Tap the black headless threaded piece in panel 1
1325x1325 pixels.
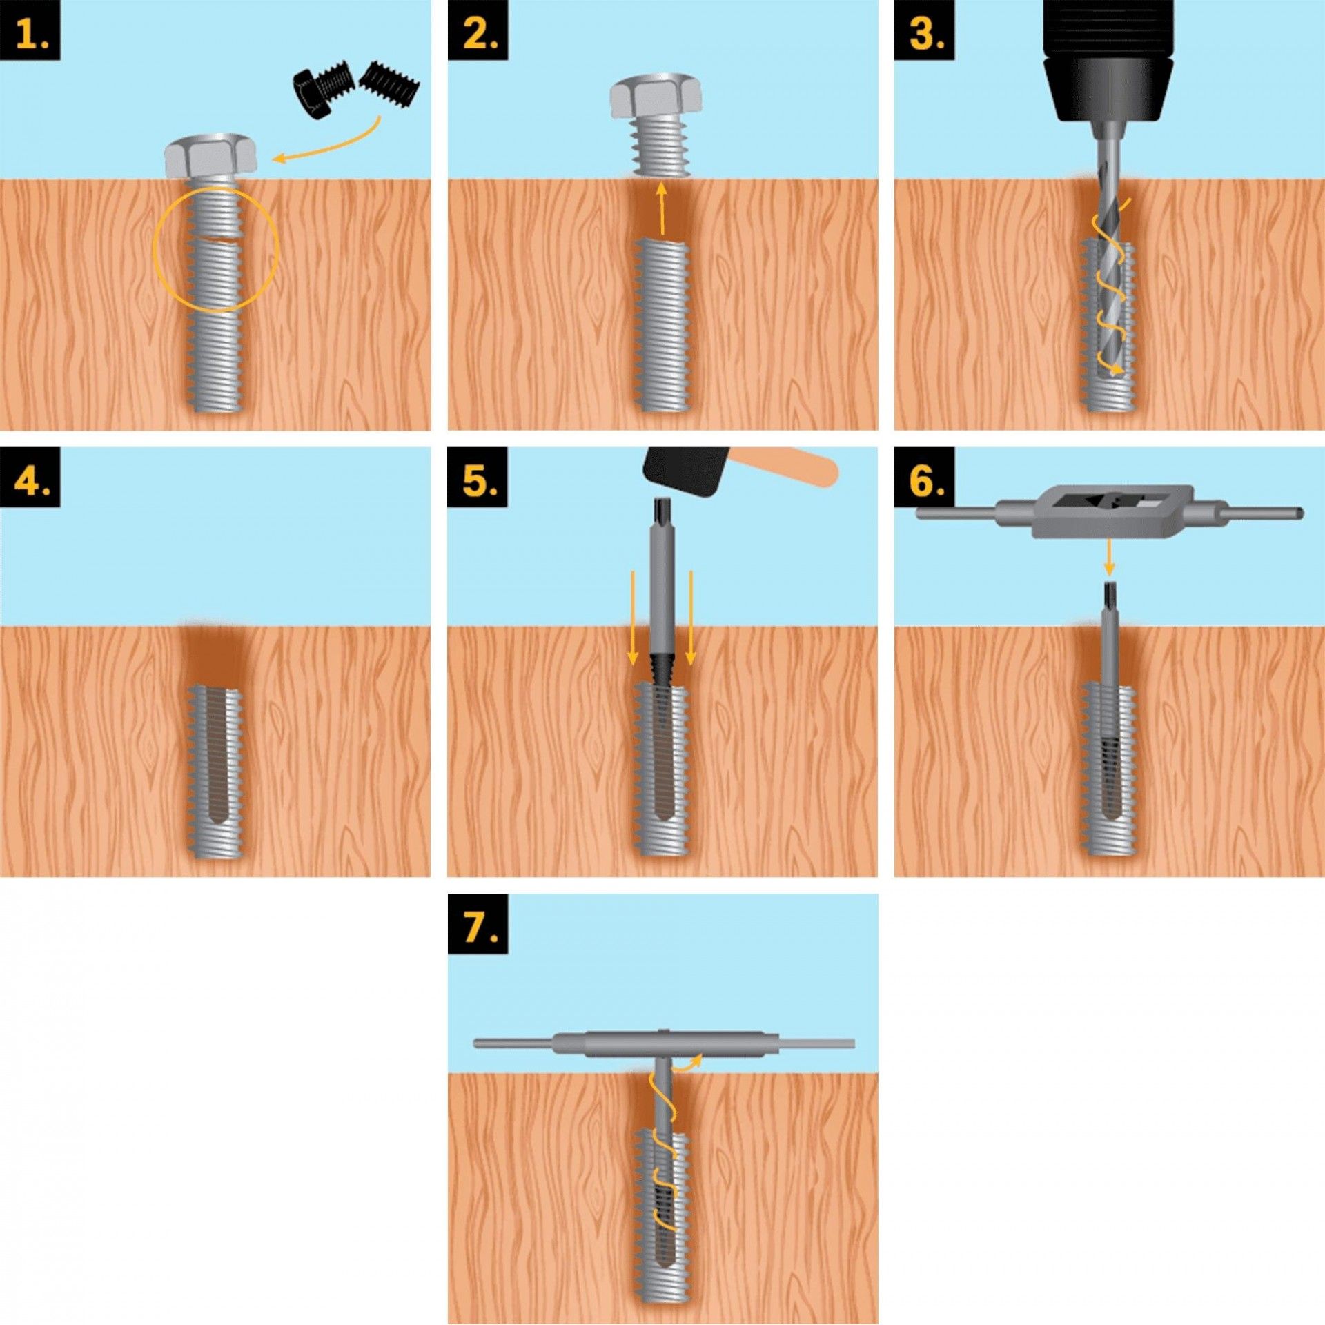coord(391,83)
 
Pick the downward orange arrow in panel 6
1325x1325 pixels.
coord(1108,558)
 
